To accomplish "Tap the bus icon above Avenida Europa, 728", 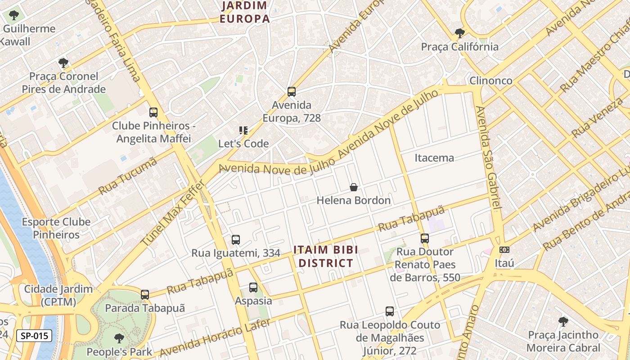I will (292, 92).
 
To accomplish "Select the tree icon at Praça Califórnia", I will (459, 33).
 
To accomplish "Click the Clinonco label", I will (490, 81).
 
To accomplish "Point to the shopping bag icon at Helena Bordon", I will (354, 187).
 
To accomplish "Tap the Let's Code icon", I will (243, 130).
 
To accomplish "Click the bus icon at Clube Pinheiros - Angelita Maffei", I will (153, 112).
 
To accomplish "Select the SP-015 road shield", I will (34, 336).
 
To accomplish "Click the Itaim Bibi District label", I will (326, 256).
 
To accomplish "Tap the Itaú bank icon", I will (504, 250).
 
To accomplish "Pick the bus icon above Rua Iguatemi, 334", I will (236, 240).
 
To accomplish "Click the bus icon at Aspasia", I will (253, 287).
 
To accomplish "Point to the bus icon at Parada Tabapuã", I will (145, 295).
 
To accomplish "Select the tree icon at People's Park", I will (119, 338).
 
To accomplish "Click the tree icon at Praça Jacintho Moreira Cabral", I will (563, 321).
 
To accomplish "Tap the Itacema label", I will (434, 158).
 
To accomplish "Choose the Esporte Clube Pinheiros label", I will (56, 228).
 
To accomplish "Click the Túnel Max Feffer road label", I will (173, 214).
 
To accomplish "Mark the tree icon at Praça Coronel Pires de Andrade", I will (63, 63).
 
